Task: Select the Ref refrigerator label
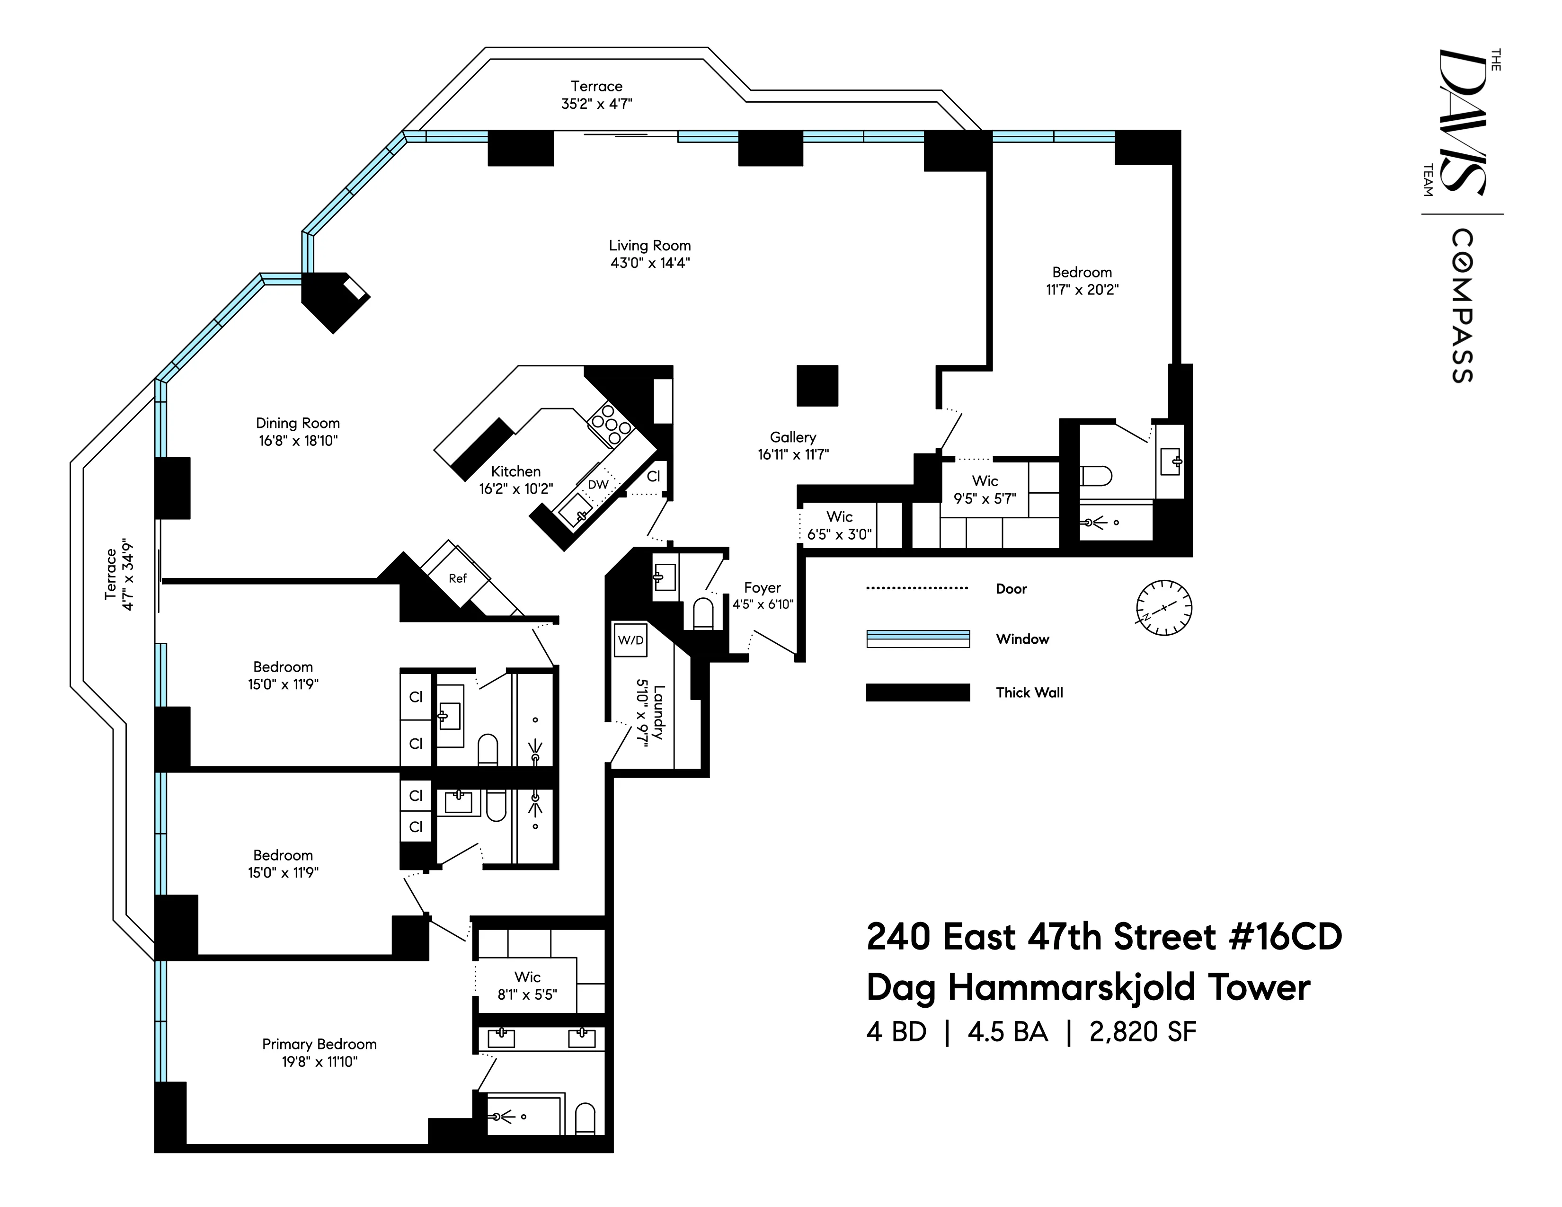457,578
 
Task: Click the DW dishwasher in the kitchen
598,484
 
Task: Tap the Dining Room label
298,423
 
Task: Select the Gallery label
792,437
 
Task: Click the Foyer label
762,588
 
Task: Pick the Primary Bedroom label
319,1044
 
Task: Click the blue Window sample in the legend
918,639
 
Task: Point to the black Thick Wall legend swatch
918,692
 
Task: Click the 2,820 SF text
1142,1032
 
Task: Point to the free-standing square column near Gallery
817,385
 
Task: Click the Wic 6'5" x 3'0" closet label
839,525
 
